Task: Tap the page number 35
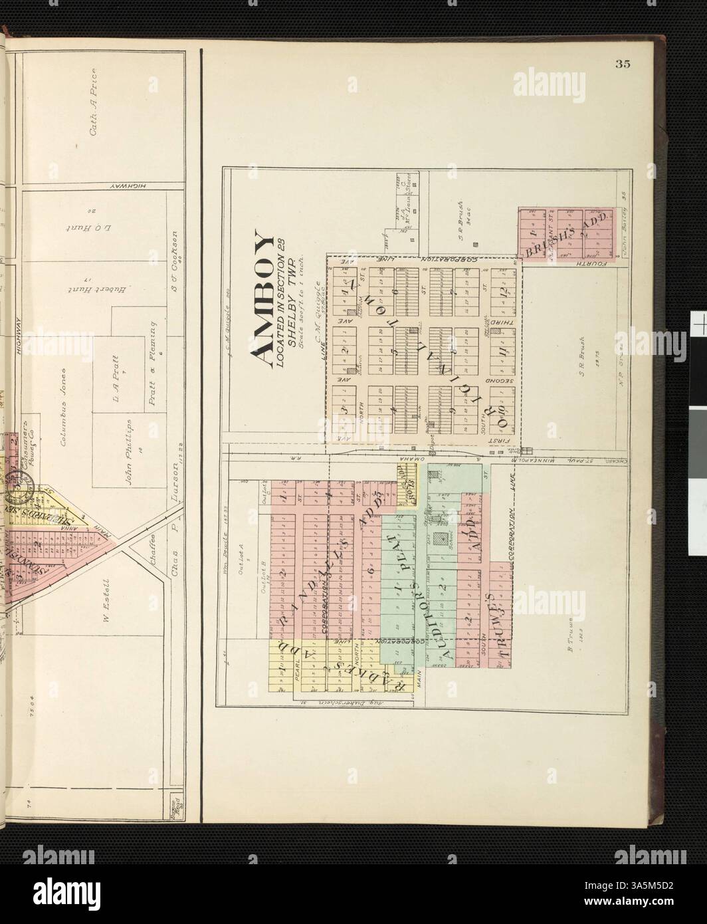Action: (623, 64)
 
